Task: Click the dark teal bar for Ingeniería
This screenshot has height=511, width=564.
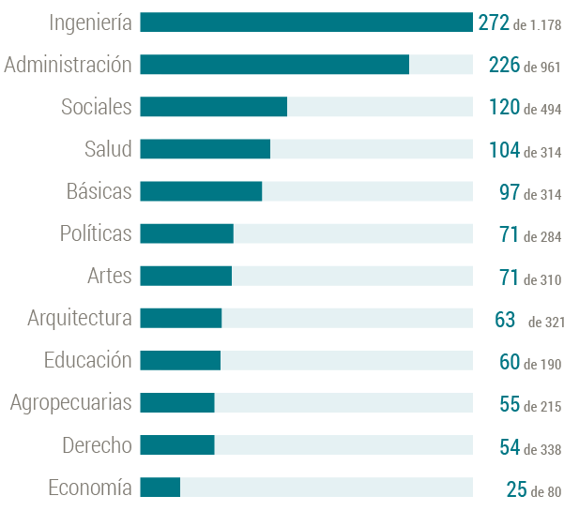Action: click(306, 23)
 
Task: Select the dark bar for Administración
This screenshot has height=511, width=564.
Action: click(274, 65)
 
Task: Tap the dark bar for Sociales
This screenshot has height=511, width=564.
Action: click(213, 107)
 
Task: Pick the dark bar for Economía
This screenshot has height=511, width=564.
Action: click(160, 488)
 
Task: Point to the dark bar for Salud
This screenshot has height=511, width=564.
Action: click(205, 149)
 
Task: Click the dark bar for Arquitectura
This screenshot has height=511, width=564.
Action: click(180, 319)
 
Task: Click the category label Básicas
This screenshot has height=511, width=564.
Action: click(99, 191)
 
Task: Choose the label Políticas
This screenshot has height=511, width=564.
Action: click(95, 233)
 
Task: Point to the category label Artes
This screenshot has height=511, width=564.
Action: click(109, 276)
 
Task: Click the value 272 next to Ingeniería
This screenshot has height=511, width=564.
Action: click(493, 23)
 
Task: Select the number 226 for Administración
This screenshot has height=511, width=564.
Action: click(504, 65)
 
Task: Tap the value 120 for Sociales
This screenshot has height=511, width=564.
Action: click(504, 107)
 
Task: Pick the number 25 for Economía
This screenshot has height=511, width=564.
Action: click(516, 488)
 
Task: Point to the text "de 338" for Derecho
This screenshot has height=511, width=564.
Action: click(542, 448)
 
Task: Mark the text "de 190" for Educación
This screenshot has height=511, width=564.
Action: click(542, 364)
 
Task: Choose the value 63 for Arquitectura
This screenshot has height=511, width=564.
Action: click(505, 320)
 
